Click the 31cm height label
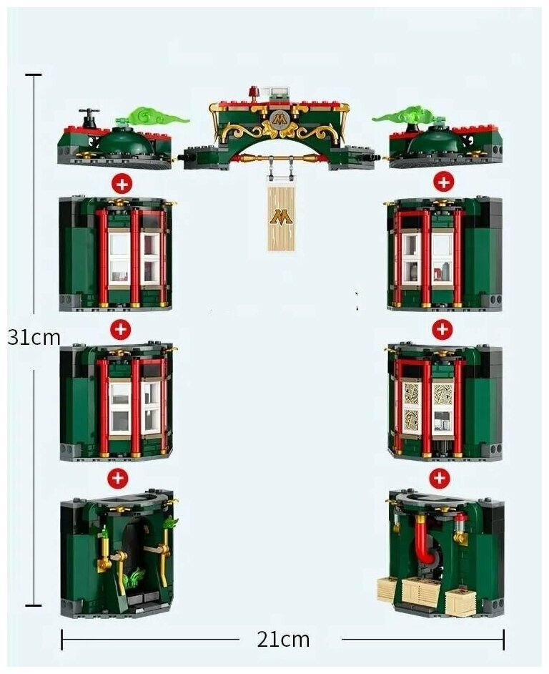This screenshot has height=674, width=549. pos(34,337)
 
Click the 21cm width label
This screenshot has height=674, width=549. pos(283,639)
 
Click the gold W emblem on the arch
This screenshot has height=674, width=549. pos(279,120)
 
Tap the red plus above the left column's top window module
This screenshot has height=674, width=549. pos(122,183)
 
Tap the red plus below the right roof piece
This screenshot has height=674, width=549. pos(443,182)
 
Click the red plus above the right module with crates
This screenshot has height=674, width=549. pos(439,477)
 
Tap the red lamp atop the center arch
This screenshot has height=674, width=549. pos(253,92)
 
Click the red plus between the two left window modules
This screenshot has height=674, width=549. pos(120,330)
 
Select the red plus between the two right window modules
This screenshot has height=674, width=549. pos(442,329)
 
